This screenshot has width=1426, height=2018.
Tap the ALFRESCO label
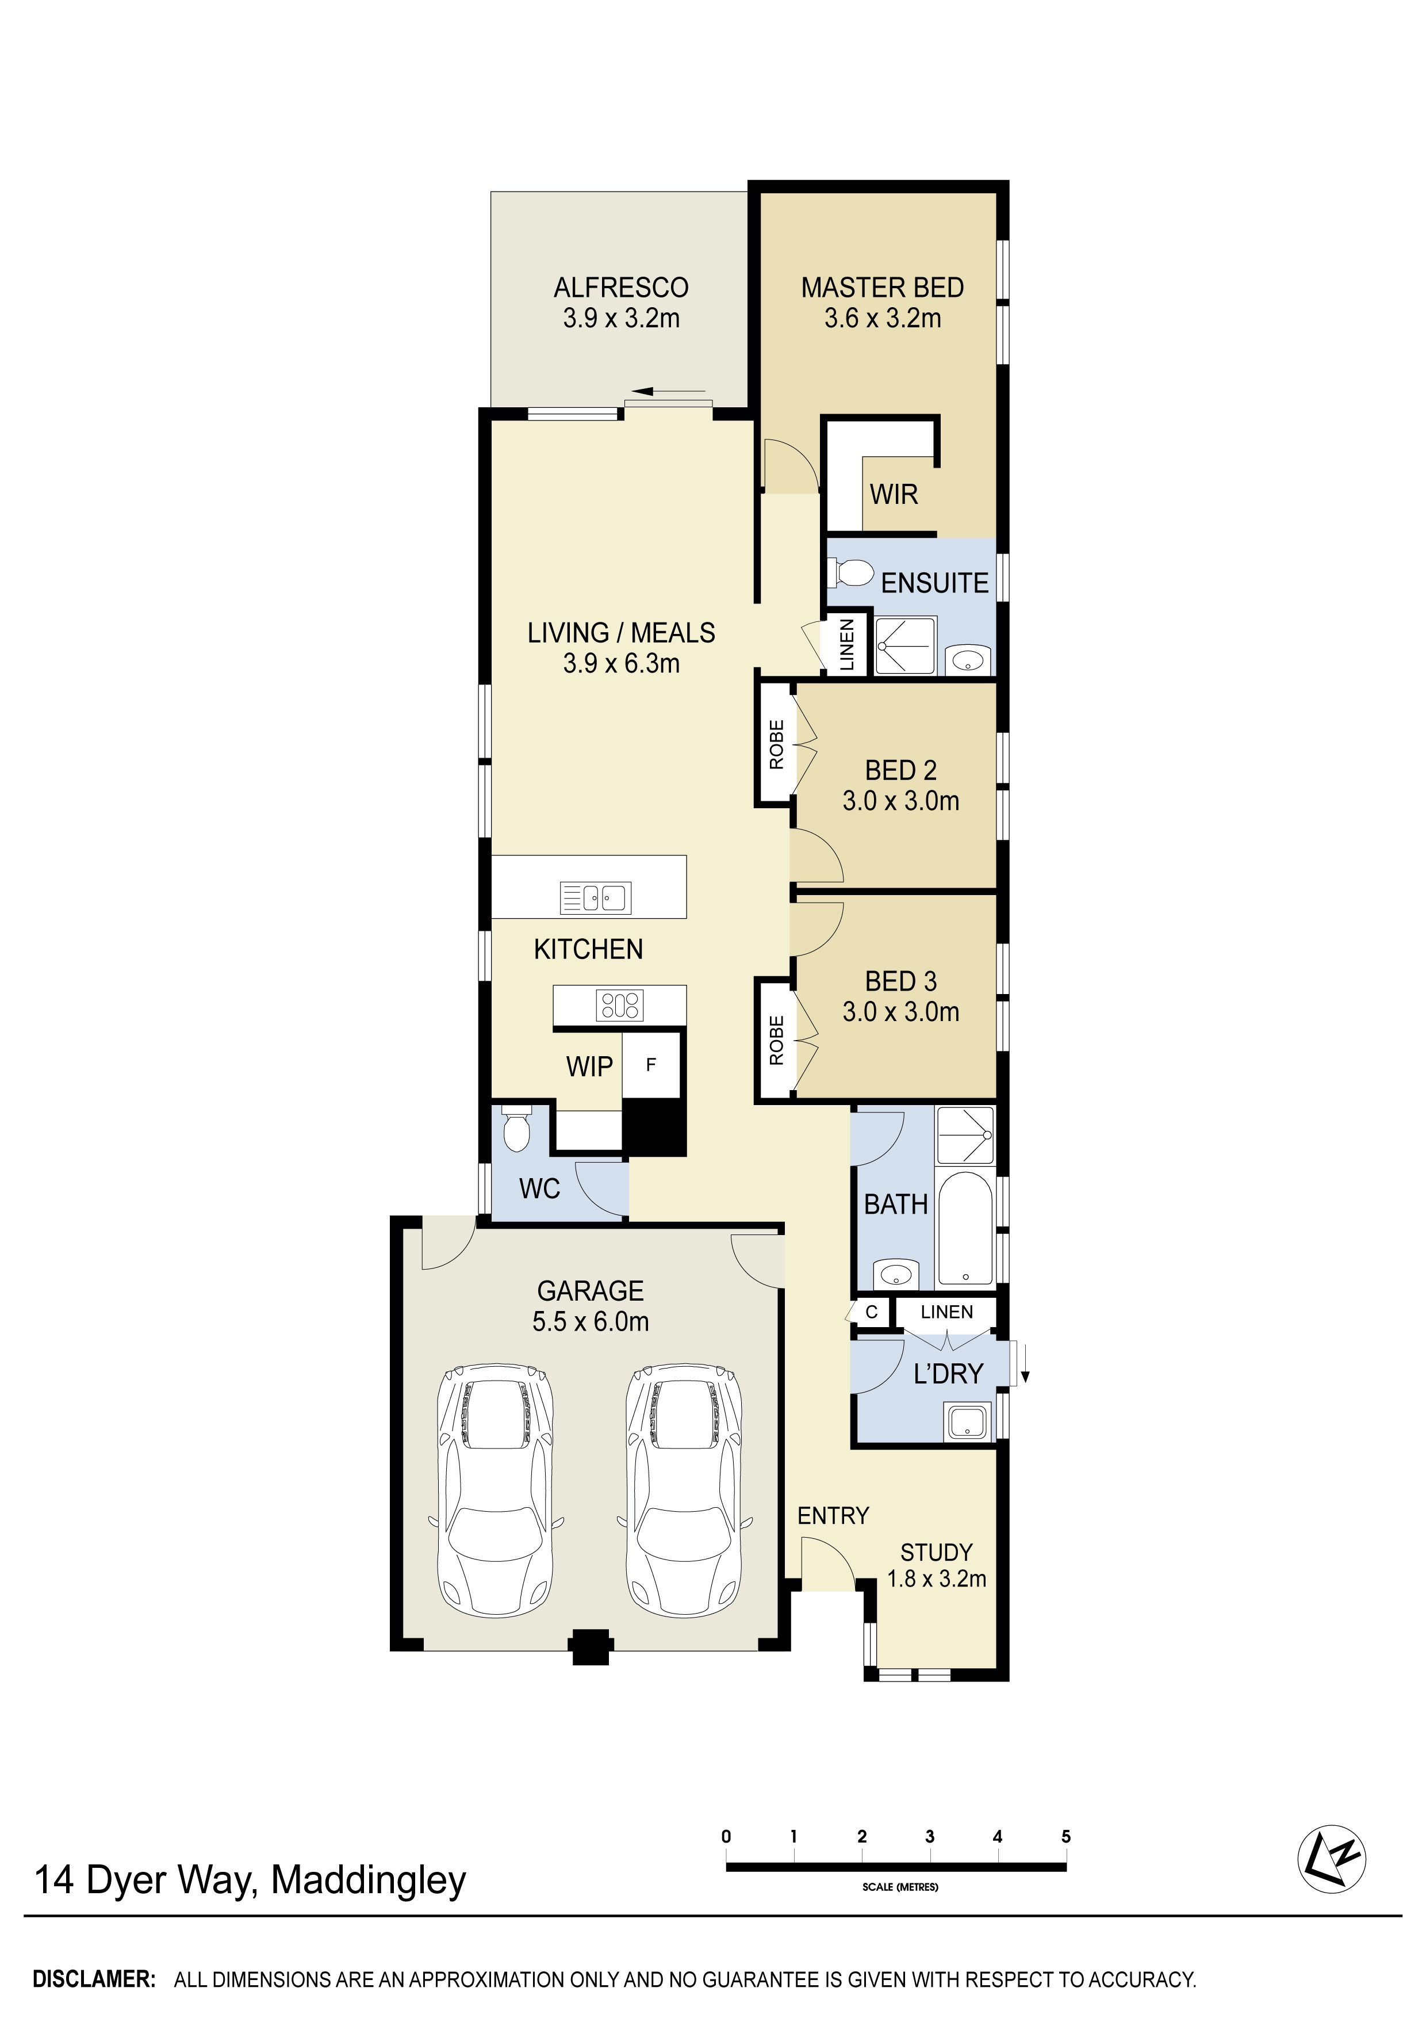point(621,303)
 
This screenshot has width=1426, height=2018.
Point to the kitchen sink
point(596,897)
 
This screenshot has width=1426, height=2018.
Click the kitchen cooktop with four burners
point(619,1004)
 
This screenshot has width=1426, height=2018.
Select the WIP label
point(589,1066)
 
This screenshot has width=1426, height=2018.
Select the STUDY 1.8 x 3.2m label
point(937,1565)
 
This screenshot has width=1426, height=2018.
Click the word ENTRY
point(833,1515)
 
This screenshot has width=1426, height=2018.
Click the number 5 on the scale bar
point(1066,1836)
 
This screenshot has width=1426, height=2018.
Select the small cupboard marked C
point(872,1312)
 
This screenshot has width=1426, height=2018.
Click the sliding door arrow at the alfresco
point(668,391)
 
